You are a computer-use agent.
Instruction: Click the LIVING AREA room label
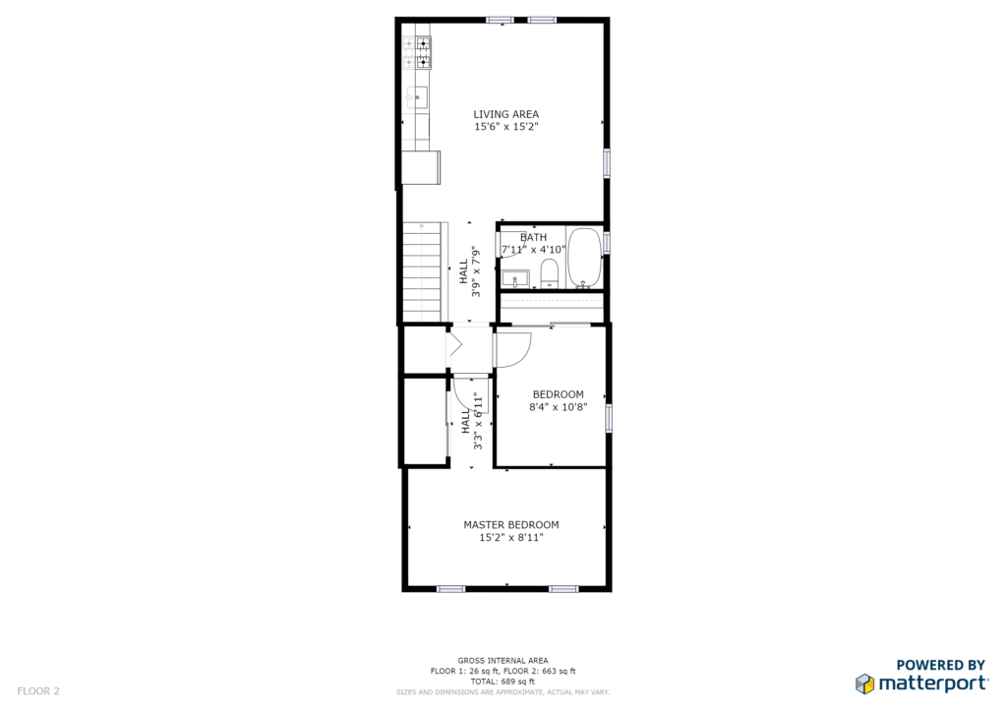(x=506, y=114)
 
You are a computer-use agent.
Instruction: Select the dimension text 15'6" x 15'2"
(x=506, y=127)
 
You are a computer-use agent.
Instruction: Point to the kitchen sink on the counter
(x=417, y=97)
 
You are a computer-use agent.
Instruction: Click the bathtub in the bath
(x=584, y=258)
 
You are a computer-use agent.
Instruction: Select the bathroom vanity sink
(x=515, y=280)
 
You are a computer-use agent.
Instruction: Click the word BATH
(x=533, y=238)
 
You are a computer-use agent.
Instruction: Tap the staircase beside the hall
(x=422, y=272)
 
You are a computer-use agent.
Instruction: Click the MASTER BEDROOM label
(x=511, y=524)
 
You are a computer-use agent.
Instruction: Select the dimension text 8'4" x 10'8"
(x=559, y=406)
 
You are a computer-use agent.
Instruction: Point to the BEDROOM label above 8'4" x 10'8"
(x=559, y=394)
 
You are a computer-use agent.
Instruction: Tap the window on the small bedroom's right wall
(x=609, y=418)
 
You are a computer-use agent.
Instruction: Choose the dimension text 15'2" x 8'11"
(x=511, y=537)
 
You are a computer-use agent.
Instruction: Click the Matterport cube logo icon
(x=865, y=683)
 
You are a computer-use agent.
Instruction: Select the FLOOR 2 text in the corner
(x=38, y=691)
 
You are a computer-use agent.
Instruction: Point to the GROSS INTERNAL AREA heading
(x=503, y=661)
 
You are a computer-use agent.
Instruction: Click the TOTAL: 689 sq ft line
(x=503, y=682)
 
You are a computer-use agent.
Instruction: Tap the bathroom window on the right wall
(x=606, y=243)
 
